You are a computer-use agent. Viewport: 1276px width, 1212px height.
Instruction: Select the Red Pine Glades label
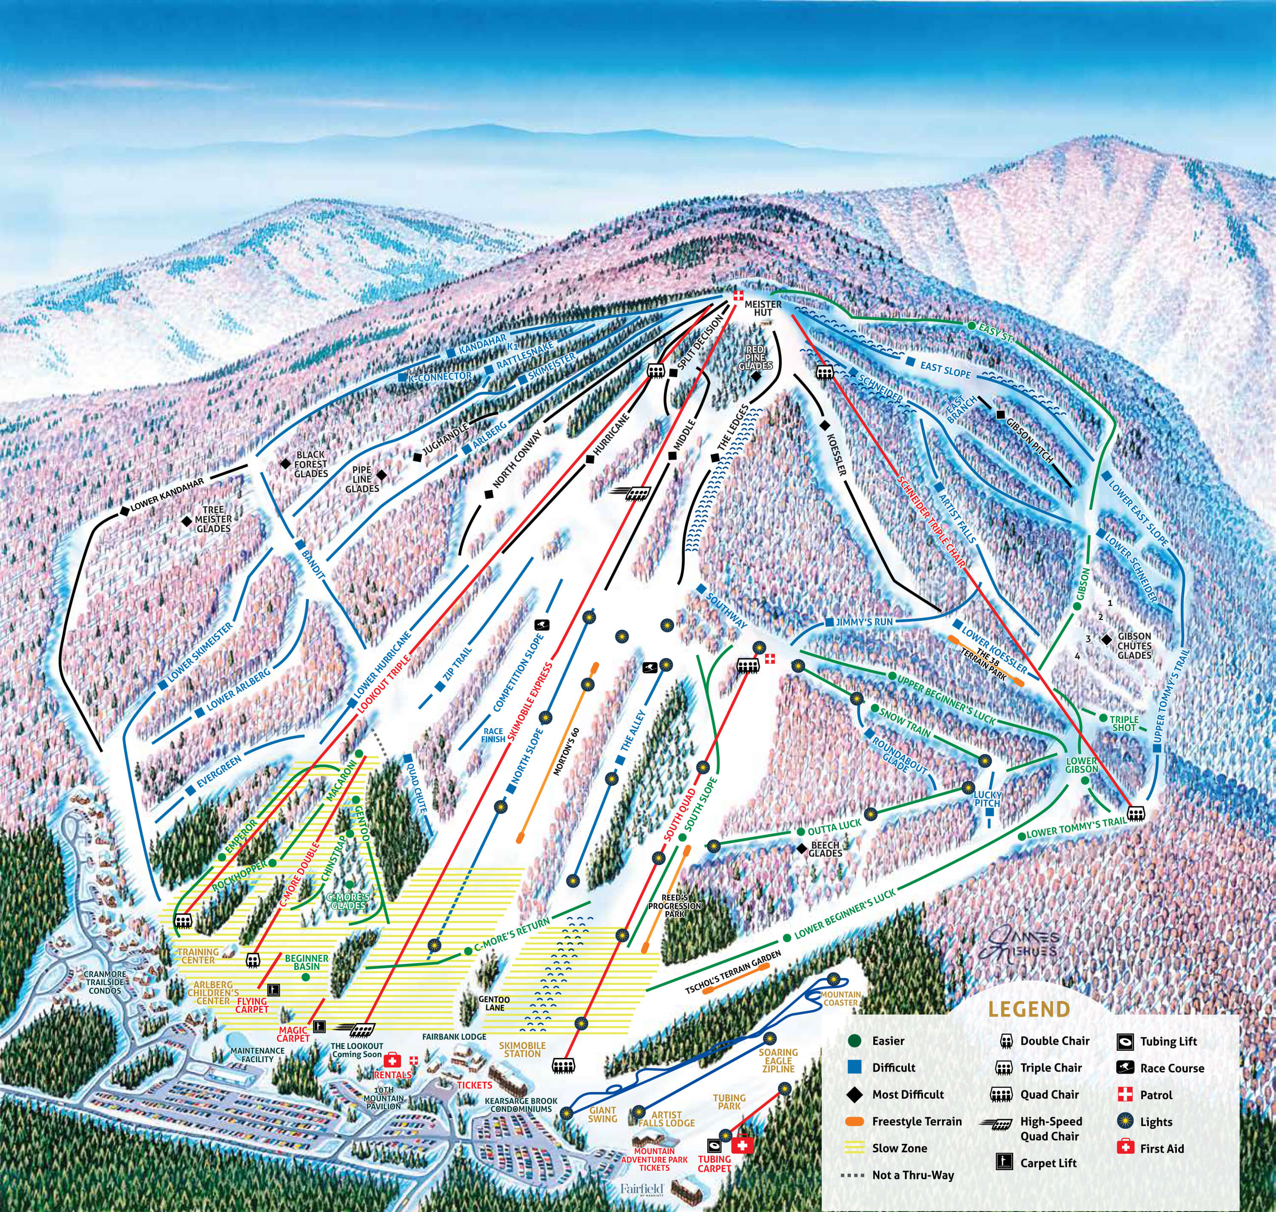pyautogui.click(x=755, y=357)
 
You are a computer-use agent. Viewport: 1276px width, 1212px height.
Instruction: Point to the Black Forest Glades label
pyautogui.click(x=310, y=464)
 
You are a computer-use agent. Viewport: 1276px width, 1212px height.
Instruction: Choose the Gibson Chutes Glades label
pyautogui.click(x=1135, y=646)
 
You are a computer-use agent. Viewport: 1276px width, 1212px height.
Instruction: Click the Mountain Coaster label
pyautogui.click(x=841, y=998)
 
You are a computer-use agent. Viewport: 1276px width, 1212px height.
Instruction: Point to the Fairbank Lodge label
pyautogui.click(x=454, y=1036)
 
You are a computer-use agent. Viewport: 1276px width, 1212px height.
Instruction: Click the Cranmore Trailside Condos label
pyautogui.click(x=105, y=982)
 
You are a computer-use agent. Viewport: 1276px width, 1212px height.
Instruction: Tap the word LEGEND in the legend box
pyautogui.click(x=1029, y=1009)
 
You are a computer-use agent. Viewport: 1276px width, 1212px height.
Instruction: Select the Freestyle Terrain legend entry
pyautogui.click(x=916, y=1121)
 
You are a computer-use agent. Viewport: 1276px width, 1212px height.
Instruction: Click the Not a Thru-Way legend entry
pyautogui.click(x=912, y=1175)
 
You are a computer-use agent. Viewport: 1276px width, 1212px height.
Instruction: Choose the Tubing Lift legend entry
pyautogui.click(x=1168, y=1041)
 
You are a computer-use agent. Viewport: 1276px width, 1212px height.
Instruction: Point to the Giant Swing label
pyautogui.click(x=602, y=1115)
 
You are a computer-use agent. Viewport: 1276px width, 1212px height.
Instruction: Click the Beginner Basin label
pyautogui.click(x=307, y=962)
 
